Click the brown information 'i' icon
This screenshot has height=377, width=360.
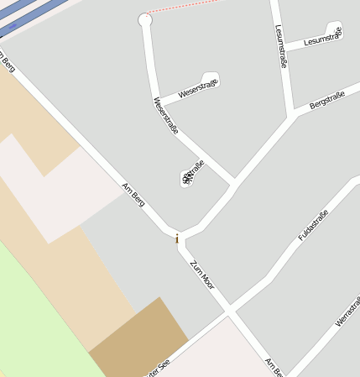pos(177,239)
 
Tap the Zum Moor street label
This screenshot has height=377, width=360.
pos(202,275)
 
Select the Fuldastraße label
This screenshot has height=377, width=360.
pos(313,225)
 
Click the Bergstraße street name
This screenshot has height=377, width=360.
pos(327,102)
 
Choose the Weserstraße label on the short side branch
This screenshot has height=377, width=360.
pos(198,87)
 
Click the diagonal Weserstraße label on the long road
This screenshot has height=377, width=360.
pos(165,116)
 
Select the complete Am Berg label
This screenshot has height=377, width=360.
pos(133,195)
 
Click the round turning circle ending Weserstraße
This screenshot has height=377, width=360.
pos(145,19)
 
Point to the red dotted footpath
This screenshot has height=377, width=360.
pos(185,7)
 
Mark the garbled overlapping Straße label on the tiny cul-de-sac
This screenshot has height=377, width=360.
pos(190,175)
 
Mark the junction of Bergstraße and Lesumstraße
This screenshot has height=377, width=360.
pos(292,114)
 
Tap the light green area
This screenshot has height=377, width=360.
pos(34,319)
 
